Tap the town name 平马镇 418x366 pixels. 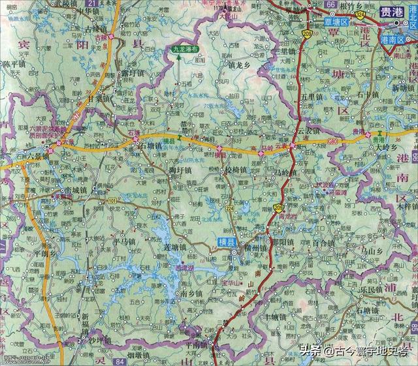tap(121, 241)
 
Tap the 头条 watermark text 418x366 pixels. tap(311, 351)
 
